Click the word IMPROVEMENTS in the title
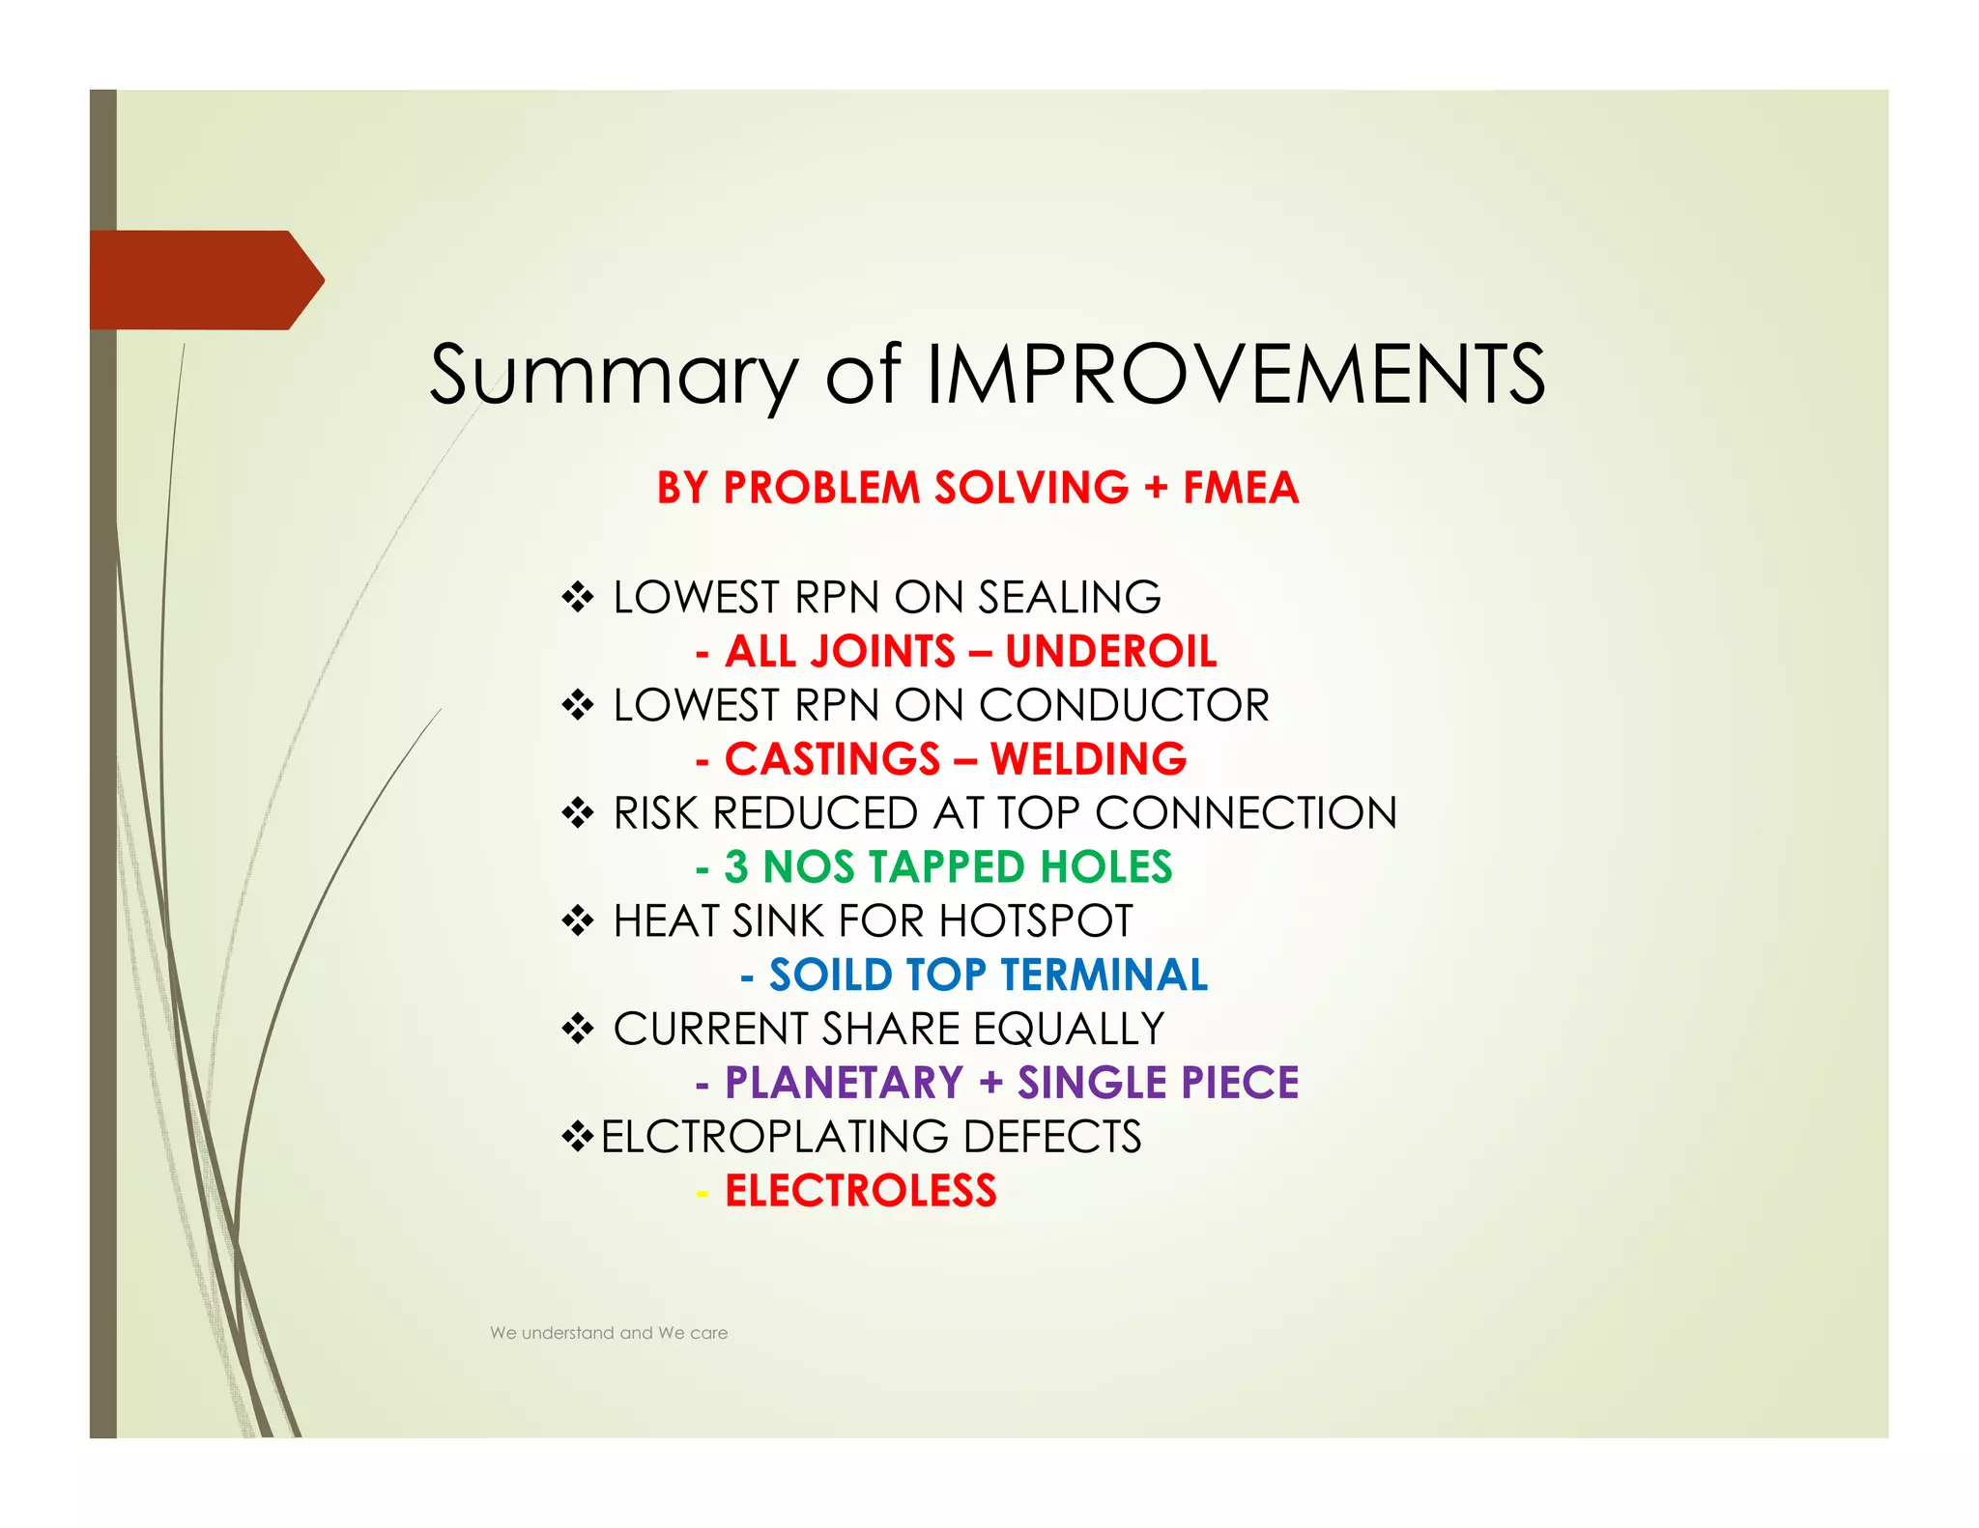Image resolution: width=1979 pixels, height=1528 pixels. click(1236, 374)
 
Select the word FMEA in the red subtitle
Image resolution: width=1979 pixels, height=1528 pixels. click(1241, 488)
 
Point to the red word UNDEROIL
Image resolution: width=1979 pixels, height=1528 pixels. click(1110, 652)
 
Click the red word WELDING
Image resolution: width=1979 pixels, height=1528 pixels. click(1088, 760)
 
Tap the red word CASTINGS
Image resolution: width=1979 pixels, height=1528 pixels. click(832, 760)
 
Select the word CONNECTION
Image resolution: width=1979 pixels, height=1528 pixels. click(1246, 813)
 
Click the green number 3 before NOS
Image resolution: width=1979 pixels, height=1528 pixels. click(736, 867)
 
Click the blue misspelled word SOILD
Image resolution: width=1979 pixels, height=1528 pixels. click(830, 976)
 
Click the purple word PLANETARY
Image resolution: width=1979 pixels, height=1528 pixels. click(844, 1083)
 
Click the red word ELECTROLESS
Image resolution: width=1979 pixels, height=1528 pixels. click(860, 1191)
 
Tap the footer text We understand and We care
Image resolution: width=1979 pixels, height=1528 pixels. click(609, 1333)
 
